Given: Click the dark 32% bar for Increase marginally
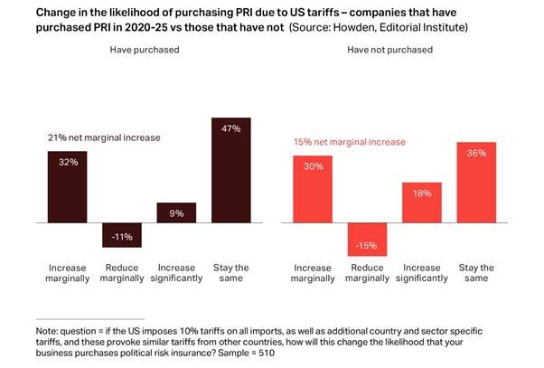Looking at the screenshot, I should coord(67,185).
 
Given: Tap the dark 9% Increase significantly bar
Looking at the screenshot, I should coord(176,212).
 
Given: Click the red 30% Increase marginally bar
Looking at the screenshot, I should coord(313,188).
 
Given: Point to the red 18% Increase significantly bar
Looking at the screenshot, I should coord(422,202).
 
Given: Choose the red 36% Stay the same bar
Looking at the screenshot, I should coord(476,182).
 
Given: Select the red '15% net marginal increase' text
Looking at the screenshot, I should coord(349,142).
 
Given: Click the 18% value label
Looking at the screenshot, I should coord(422,192).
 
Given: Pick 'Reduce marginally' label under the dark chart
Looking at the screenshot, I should coord(122,272).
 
